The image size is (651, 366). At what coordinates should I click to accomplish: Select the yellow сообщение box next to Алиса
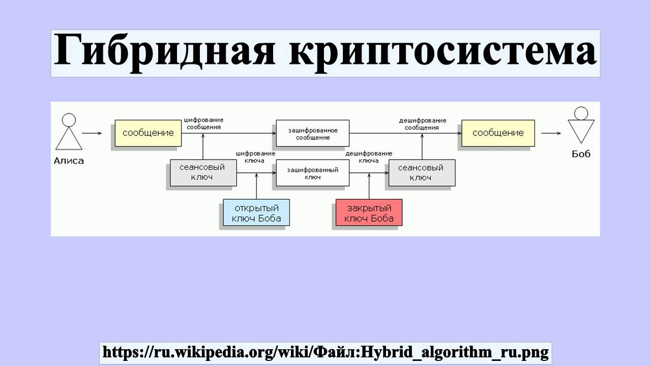point(148,133)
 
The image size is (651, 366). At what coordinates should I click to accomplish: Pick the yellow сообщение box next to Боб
point(498,133)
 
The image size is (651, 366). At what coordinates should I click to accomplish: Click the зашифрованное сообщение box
point(312,134)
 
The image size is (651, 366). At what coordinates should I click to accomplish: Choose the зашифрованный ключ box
point(312,173)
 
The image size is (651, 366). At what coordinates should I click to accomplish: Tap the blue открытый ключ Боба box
point(256,213)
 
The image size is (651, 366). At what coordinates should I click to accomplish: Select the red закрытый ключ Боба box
point(369,213)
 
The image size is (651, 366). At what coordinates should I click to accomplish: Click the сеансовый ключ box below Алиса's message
point(202,173)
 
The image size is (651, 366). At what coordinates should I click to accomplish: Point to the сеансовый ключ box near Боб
point(421,173)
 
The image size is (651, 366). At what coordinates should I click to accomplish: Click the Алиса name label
point(69,161)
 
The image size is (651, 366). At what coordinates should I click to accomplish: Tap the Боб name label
point(581,154)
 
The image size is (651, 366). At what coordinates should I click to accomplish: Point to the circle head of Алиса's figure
point(69,120)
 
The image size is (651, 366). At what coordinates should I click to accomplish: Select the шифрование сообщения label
point(203,124)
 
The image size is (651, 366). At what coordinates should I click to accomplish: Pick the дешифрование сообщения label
point(422,124)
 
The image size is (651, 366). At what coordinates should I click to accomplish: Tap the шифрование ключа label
point(255,157)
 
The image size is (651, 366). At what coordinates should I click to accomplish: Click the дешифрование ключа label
point(368,157)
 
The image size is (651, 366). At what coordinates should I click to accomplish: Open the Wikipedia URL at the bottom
point(325,352)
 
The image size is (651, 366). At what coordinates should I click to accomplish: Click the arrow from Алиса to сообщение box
point(92,134)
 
